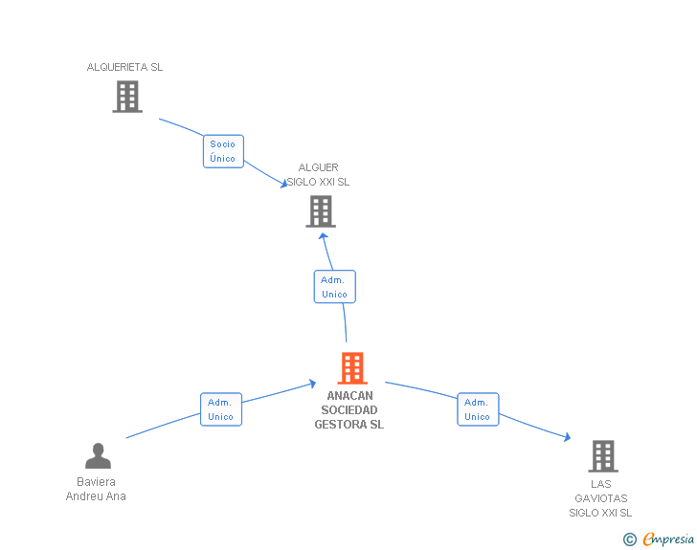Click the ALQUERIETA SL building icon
[127, 97]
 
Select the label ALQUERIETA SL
[124, 67]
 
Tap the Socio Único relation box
[223, 151]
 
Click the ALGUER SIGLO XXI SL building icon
[321, 211]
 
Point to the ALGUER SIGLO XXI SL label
[318, 175]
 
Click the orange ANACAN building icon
[352, 368]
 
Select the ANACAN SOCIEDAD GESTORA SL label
[349, 409]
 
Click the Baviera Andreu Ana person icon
[99, 456]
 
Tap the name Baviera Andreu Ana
[96, 489]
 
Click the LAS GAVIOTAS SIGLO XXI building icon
[603, 456]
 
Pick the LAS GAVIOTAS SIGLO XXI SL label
[600, 498]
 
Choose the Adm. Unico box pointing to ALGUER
[335, 287]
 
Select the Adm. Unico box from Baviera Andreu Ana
[221, 409]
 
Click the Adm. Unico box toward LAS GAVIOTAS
[478, 409]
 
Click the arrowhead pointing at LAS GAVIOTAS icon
[567, 437]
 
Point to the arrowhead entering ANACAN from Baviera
[312, 384]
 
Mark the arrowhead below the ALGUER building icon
[324, 236]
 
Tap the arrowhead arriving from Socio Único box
[284, 184]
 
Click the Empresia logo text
[668, 539]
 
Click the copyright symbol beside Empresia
[630, 539]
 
